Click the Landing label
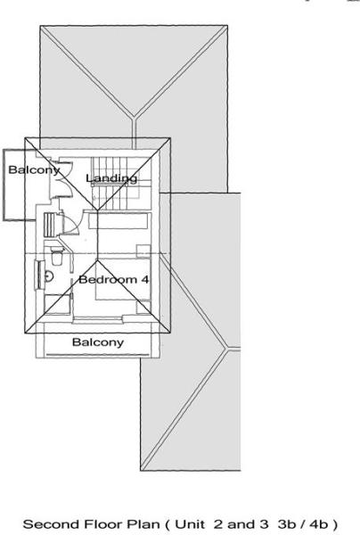(x=111, y=178)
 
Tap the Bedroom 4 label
(x=114, y=280)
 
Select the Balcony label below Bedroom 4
(x=98, y=342)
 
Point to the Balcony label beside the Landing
(x=34, y=169)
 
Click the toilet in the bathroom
(x=57, y=256)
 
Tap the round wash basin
(x=49, y=276)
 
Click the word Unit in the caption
(x=190, y=524)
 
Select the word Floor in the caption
(x=104, y=524)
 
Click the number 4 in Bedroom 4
(x=145, y=280)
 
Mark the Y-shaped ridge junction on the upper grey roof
(x=135, y=117)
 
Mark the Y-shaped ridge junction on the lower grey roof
(x=226, y=349)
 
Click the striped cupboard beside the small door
(x=50, y=225)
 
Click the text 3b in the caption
(x=287, y=524)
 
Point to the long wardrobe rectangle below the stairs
(x=119, y=221)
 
